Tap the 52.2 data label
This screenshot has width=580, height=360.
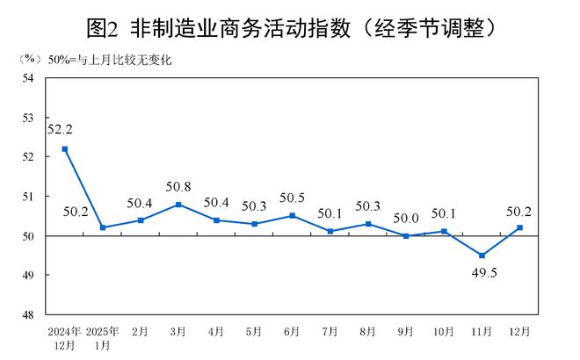pos(61,129)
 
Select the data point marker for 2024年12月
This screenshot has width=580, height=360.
pos(65,148)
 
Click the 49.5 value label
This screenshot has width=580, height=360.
pos(482,274)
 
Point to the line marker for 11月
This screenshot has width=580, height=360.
pos(482,256)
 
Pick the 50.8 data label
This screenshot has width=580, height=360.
pos(178,186)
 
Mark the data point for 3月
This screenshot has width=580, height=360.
pos(178,205)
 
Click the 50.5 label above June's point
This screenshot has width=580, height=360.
pos(293,198)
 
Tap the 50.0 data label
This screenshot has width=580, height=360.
pos(406,217)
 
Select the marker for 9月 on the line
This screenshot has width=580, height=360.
pos(406,236)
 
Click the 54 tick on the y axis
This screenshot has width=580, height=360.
pos(28,78)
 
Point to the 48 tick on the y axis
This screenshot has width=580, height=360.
pos(28,314)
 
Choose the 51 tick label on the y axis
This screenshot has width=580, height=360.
pos(28,197)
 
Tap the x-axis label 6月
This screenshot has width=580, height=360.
pos(293,332)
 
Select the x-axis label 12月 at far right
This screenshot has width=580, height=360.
pos(519,332)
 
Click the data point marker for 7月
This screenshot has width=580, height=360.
pos(330,232)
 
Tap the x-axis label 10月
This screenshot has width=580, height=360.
pos(444,332)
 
